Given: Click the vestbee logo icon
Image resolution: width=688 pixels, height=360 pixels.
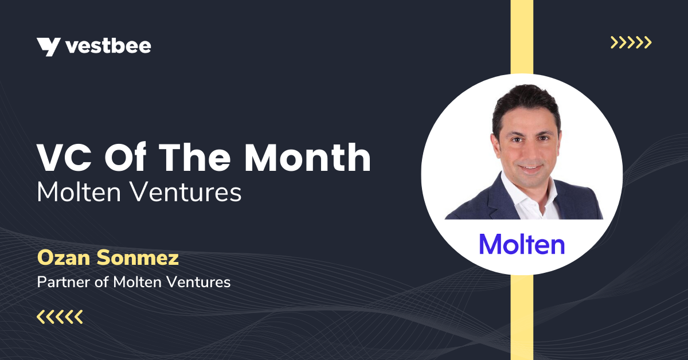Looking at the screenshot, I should click(x=48, y=46).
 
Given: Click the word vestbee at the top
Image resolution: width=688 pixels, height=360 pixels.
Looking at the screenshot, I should click(x=108, y=46).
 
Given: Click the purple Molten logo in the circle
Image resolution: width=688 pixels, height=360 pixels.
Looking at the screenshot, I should click(x=522, y=244).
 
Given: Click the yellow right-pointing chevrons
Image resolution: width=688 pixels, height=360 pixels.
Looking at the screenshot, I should click(x=631, y=42).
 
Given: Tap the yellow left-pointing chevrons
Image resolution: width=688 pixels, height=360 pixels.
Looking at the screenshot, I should click(x=60, y=316).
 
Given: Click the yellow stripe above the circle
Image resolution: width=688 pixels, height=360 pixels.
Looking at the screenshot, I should click(x=522, y=34).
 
